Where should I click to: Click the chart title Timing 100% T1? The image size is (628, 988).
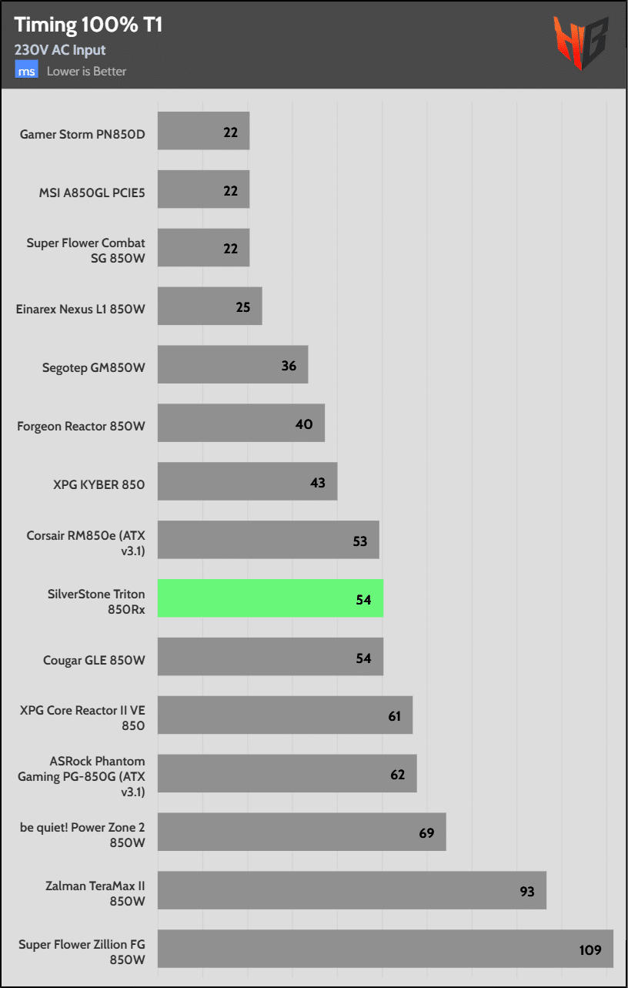89,25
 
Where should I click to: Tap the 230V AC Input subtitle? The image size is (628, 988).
60,50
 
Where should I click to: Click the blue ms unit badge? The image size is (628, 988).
27,71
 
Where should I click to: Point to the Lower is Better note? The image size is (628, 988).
86,72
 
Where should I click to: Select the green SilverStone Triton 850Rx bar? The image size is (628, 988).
270,598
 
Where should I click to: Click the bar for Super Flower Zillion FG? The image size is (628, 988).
385,949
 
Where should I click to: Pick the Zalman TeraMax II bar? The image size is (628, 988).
352,890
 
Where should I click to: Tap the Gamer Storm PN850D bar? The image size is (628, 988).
203,132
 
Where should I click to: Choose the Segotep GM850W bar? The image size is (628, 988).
232,365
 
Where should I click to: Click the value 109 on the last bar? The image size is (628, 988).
590,949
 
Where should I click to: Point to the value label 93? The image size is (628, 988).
526,891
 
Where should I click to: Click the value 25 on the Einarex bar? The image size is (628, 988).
243,307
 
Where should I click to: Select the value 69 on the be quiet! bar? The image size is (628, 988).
426,832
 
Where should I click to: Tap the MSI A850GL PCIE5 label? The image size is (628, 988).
92,191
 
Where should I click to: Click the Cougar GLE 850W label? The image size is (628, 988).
95,659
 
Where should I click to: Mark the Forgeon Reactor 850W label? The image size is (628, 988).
82,425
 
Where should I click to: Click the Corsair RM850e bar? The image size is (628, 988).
268,540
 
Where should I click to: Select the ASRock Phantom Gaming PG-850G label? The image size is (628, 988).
82,775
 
